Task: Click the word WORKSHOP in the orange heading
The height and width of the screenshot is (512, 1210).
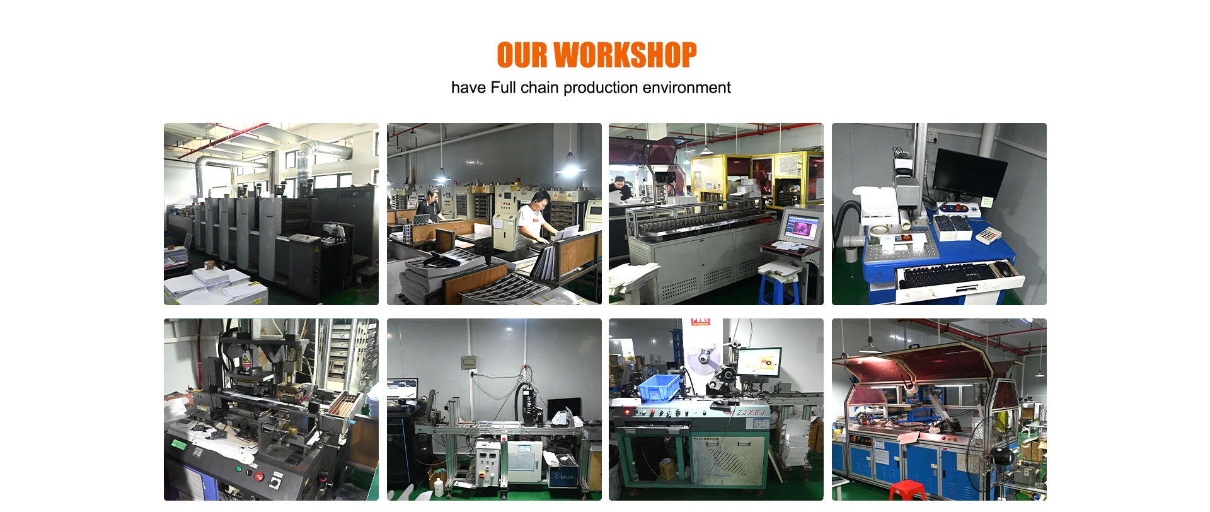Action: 625,55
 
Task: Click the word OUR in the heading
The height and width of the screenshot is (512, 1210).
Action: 522,55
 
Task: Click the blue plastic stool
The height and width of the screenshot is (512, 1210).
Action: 778,289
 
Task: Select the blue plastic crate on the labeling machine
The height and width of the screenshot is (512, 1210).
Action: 660,387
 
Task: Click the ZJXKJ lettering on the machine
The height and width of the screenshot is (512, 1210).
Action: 751,412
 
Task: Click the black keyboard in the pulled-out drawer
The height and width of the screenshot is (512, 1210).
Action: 945,275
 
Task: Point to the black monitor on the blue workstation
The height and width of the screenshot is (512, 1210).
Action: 970,173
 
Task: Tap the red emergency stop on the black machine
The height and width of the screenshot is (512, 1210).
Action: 259,476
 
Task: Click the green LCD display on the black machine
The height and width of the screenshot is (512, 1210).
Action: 179,444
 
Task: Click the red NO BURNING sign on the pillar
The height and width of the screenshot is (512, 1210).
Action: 700,322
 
